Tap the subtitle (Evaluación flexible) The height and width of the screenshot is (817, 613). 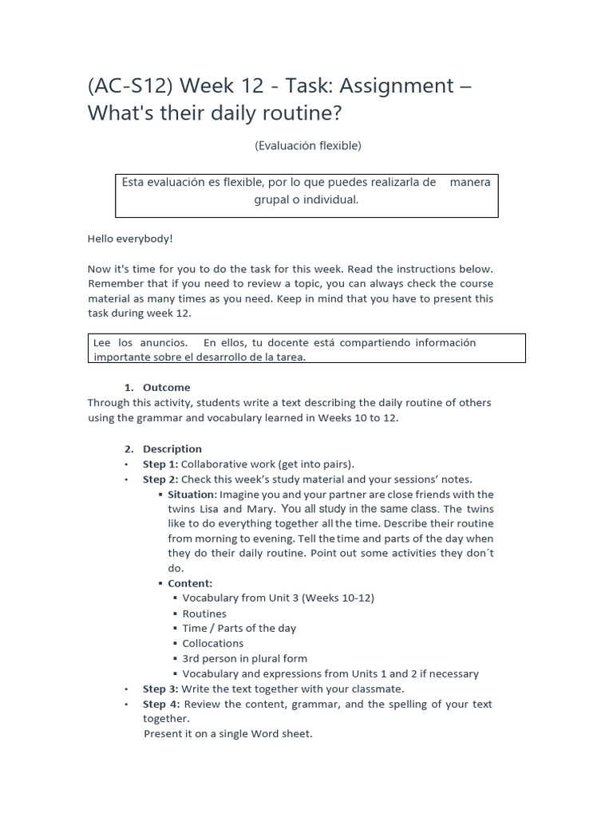pyautogui.click(x=307, y=145)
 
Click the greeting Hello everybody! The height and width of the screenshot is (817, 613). pyautogui.click(x=129, y=239)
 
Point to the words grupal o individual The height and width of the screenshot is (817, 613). pyautogui.click(x=306, y=199)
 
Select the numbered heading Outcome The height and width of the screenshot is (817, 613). pyautogui.click(x=166, y=387)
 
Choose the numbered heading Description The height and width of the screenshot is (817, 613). pyautogui.click(x=172, y=448)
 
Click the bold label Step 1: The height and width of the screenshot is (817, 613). pyautogui.click(x=160, y=464)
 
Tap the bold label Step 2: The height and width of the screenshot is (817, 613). pyautogui.click(x=160, y=479)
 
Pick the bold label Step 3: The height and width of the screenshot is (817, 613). pyautogui.click(x=160, y=689)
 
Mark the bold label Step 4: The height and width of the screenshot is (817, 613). pyautogui.click(x=160, y=704)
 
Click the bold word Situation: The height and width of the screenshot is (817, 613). pyautogui.click(x=192, y=494)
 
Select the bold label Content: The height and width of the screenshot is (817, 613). pyautogui.click(x=190, y=583)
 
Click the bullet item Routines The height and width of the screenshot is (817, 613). pyautogui.click(x=204, y=614)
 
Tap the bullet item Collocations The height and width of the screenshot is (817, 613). pyautogui.click(x=213, y=643)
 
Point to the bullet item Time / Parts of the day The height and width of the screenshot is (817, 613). pyautogui.click(x=239, y=628)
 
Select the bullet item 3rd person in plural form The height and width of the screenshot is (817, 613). pyautogui.click(x=244, y=658)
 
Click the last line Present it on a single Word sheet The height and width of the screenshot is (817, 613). pyautogui.click(x=228, y=733)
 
